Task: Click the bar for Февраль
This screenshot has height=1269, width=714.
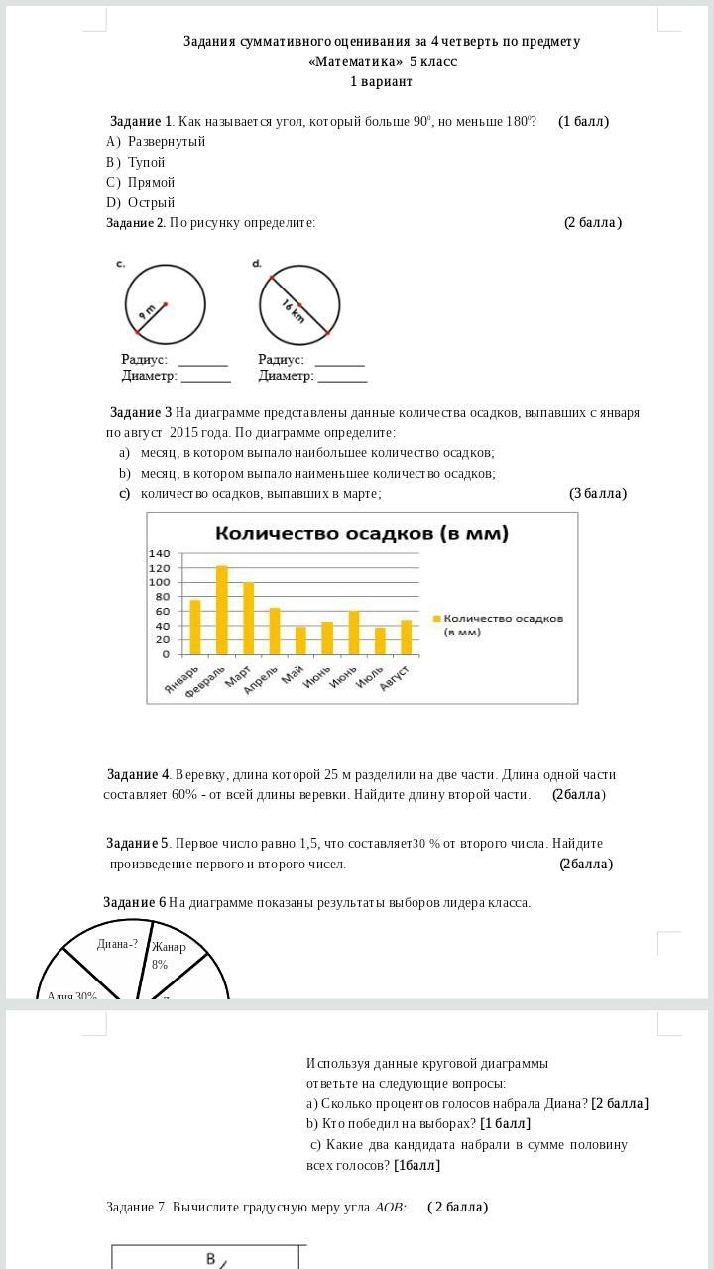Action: pos(222,610)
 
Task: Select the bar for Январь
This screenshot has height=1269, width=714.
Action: pos(195,627)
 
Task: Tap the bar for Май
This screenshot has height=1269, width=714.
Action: pos(300,640)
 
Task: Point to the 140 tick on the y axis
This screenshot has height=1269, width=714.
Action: pos(160,553)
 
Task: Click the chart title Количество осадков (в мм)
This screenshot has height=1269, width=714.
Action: pos(362,533)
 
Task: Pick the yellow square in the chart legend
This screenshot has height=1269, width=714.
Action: pos(436,619)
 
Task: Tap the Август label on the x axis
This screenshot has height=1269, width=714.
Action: pos(396,678)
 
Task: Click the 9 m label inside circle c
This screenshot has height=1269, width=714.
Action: pos(147,311)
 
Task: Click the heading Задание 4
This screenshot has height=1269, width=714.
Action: pos(138,774)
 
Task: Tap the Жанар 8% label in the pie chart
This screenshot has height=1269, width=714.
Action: pos(168,955)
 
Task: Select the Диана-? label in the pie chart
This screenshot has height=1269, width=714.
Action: pos(117,944)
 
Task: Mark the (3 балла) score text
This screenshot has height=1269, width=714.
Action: pos(597,493)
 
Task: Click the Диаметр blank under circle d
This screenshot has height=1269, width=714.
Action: pos(342,377)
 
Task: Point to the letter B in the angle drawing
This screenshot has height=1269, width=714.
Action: pos(210,1258)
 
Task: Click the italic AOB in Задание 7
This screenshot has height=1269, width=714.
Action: pos(390,1207)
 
